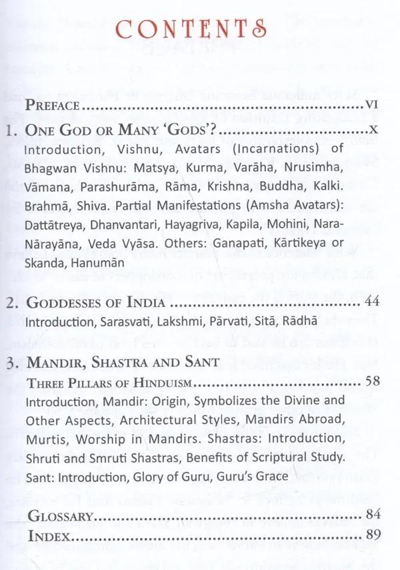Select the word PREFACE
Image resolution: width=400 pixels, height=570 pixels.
(53, 105)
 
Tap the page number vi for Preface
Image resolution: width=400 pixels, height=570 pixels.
(371, 105)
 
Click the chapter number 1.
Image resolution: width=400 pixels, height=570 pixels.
(11, 131)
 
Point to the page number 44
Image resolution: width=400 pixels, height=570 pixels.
(371, 303)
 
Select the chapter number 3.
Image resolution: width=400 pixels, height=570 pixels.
(11, 364)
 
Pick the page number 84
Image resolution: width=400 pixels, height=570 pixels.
(371, 515)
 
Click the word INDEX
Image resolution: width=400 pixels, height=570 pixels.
(45, 537)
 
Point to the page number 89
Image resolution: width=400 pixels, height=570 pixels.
(371, 537)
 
